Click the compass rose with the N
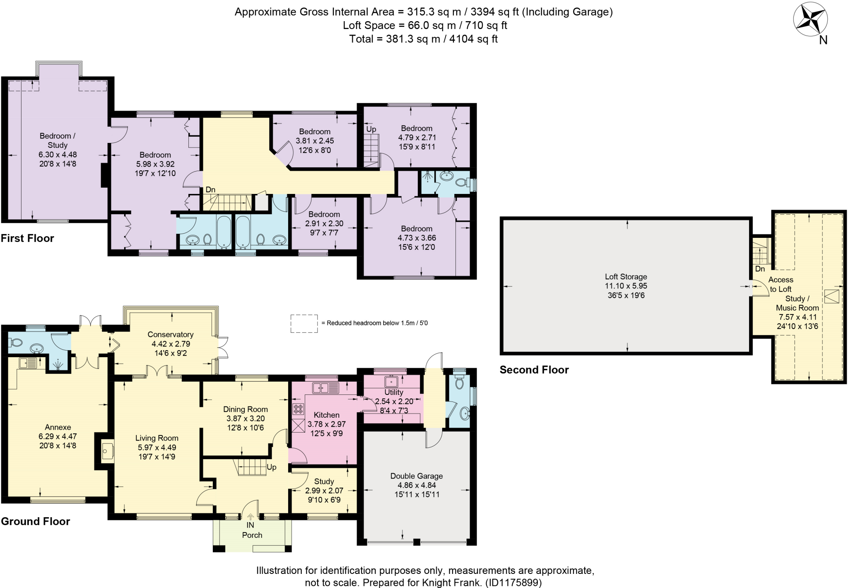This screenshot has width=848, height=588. pyautogui.click(x=810, y=21)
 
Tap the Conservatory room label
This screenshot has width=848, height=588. pyautogui.click(x=170, y=334)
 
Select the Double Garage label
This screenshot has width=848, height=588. pyautogui.click(x=416, y=476)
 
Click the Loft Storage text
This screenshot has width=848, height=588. pyautogui.click(x=626, y=277)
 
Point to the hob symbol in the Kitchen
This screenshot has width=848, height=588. pyautogui.click(x=298, y=409)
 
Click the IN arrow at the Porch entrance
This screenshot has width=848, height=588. pyautogui.click(x=251, y=517)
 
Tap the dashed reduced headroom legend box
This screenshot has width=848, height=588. pyautogui.click(x=304, y=323)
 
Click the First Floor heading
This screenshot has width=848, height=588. pyautogui.click(x=27, y=238)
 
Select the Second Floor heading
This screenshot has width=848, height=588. pyautogui.click(x=534, y=370)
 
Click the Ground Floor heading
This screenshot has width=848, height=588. pyautogui.click(x=35, y=521)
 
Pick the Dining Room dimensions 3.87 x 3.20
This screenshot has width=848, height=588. pyautogui.click(x=245, y=419)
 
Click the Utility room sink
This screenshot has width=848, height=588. pyautogui.click(x=391, y=380)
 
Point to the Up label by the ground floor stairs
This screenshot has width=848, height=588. pyautogui.click(x=271, y=467)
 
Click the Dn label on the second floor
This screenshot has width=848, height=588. pyautogui.click(x=760, y=269)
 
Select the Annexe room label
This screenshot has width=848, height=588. pyautogui.click(x=58, y=427)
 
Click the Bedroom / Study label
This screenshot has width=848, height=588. pyautogui.click(x=57, y=140)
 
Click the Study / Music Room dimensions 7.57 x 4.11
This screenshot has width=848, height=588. pyautogui.click(x=797, y=317)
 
